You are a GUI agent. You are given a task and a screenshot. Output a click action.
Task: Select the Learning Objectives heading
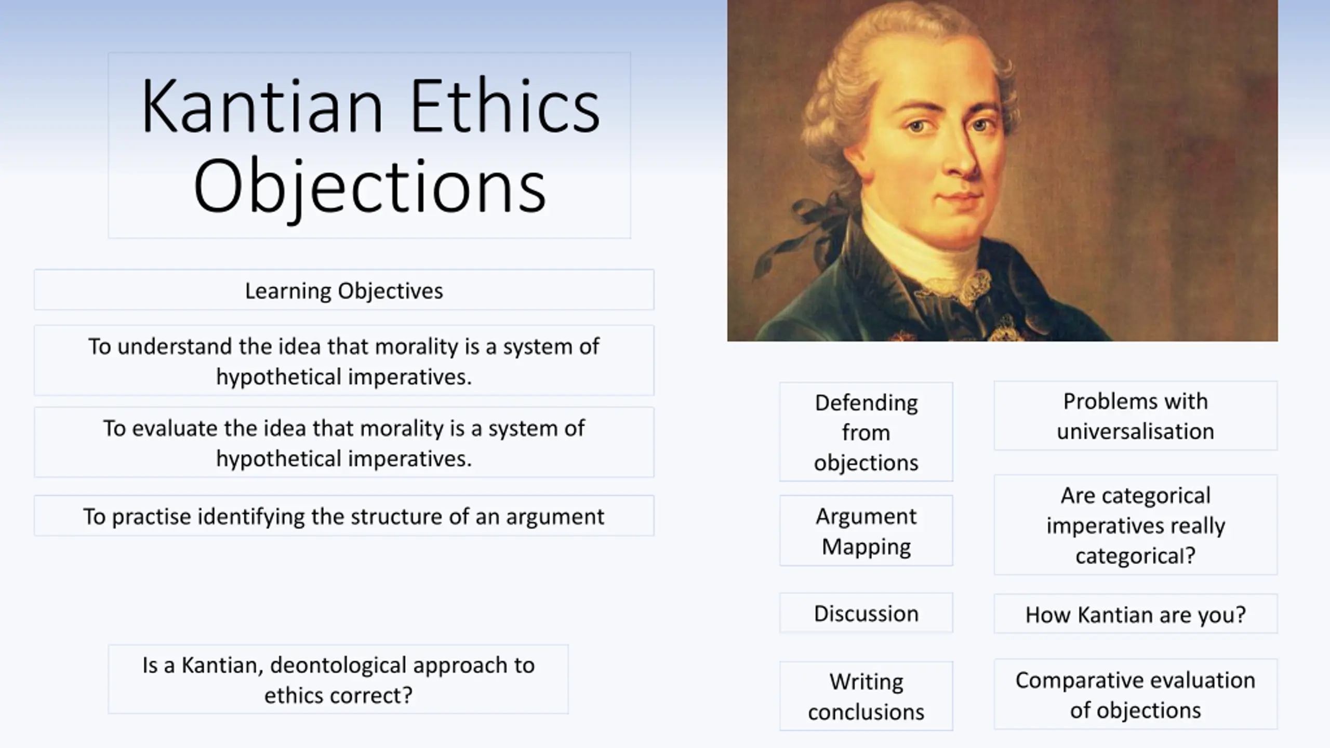[x=344, y=290]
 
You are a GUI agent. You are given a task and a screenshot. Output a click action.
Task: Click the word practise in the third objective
[x=151, y=517]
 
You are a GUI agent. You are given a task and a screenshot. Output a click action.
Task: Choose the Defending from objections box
[x=866, y=432]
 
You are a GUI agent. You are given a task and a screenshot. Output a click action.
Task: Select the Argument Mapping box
[x=866, y=531]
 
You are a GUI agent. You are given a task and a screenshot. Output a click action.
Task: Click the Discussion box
[x=866, y=613]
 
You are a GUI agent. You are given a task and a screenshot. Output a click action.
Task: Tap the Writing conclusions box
[x=866, y=696]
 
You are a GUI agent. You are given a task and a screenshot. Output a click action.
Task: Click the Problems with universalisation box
[x=1136, y=416]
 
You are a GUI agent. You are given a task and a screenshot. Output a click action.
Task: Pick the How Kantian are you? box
[x=1136, y=614]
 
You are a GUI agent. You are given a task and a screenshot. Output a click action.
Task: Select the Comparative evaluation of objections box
[x=1136, y=694]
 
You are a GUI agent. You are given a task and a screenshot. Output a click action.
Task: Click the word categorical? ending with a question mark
[x=1136, y=556]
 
